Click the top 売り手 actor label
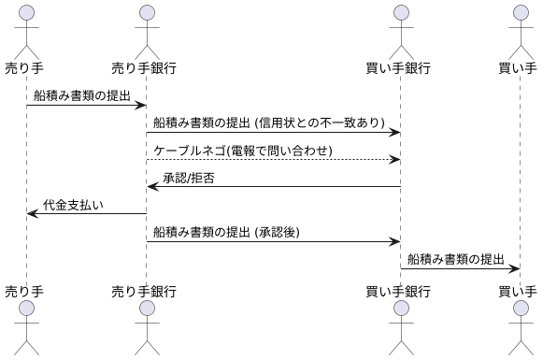26,67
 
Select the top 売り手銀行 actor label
145,67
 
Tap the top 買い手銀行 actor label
400,67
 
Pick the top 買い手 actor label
519,67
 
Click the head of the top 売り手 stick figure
26,12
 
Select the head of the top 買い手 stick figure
519,12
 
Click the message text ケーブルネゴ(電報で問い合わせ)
243,151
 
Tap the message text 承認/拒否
189,178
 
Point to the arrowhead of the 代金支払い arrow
32,214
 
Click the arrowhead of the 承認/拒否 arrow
151,187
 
